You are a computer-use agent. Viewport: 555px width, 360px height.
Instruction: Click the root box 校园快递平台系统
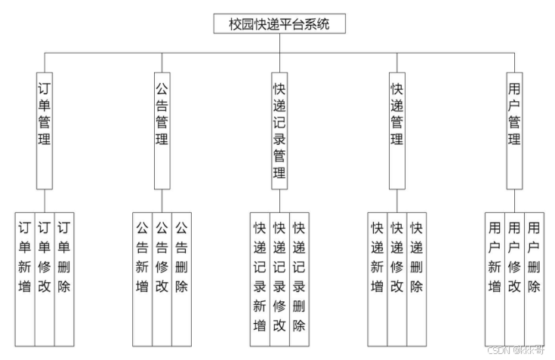[x=279, y=24]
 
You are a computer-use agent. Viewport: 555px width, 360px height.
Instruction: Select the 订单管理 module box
[x=45, y=128]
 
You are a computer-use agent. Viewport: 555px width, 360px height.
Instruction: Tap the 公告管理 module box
[x=162, y=128]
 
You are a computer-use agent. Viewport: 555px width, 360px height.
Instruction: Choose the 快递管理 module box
[x=396, y=128]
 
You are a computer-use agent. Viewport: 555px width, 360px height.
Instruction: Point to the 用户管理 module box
[x=514, y=128]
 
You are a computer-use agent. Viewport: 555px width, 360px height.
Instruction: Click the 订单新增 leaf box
[x=25, y=279]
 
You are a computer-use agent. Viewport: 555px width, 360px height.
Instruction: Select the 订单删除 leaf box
[x=64, y=279]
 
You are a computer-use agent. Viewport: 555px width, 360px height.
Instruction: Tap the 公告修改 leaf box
[x=162, y=279]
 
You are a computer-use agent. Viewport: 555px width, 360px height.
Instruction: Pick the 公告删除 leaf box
[x=181, y=279]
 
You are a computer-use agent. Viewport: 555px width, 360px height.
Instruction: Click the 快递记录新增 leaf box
[x=260, y=279]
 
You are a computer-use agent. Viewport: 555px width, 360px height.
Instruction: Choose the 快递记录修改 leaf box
[x=279, y=279]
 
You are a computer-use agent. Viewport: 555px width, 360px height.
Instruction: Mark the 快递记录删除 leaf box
[x=299, y=279]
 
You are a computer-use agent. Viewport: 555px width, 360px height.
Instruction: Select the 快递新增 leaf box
[x=377, y=279]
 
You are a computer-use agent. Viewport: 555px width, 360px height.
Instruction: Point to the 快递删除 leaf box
[x=416, y=279]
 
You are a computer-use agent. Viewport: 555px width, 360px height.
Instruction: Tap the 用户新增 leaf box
[x=495, y=279]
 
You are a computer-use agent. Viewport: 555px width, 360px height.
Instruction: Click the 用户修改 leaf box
[x=514, y=279]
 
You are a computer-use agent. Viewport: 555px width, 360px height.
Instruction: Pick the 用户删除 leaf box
[x=534, y=279]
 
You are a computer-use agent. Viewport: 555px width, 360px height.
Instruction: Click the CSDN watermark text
[x=517, y=350]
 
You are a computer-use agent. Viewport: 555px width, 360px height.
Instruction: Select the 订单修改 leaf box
[x=45, y=279]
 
